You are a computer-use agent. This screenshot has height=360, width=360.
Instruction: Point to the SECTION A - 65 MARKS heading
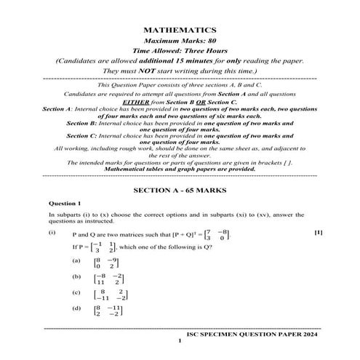click(180, 189)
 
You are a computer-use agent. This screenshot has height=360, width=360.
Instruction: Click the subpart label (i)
click(52, 233)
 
